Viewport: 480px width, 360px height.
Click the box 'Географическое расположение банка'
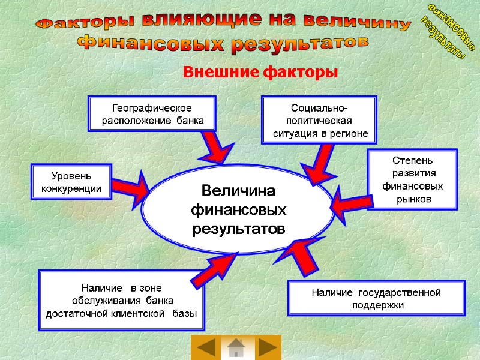click(x=152, y=113)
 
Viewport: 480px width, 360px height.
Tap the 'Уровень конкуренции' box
click(x=71, y=182)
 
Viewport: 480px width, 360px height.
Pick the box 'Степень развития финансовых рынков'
click(x=412, y=180)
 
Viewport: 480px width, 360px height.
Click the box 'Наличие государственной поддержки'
click(x=376, y=298)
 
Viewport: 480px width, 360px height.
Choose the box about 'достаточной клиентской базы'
click(x=121, y=301)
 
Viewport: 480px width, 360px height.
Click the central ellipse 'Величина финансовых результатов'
click(x=238, y=209)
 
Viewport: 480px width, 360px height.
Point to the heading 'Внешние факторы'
click(x=260, y=73)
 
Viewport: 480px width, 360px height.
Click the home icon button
click(x=236, y=348)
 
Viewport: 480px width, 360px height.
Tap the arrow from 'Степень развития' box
click(x=349, y=204)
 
